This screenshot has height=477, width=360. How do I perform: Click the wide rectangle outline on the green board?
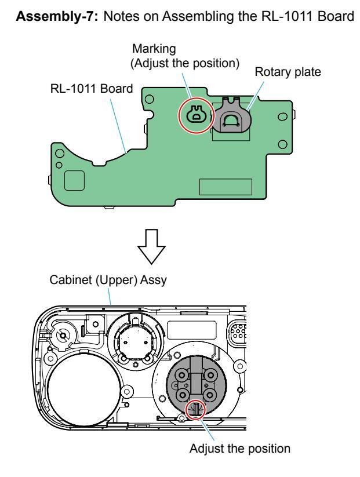tap(226, 187)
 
